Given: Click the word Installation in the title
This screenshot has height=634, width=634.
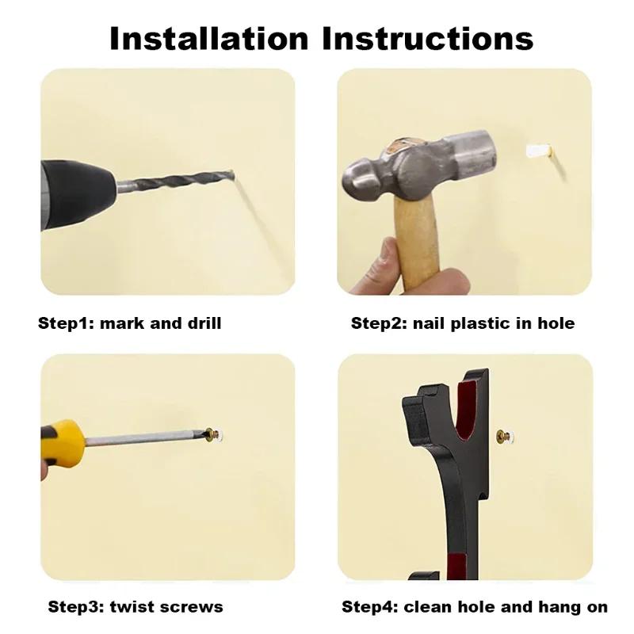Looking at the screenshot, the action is [x=208, y=38].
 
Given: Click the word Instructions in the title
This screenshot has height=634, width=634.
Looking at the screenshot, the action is [x=428, y=38].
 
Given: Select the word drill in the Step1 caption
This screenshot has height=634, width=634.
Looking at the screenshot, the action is [x=204, y=323].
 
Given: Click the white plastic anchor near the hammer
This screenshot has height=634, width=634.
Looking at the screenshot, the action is [x=539, y=151].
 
